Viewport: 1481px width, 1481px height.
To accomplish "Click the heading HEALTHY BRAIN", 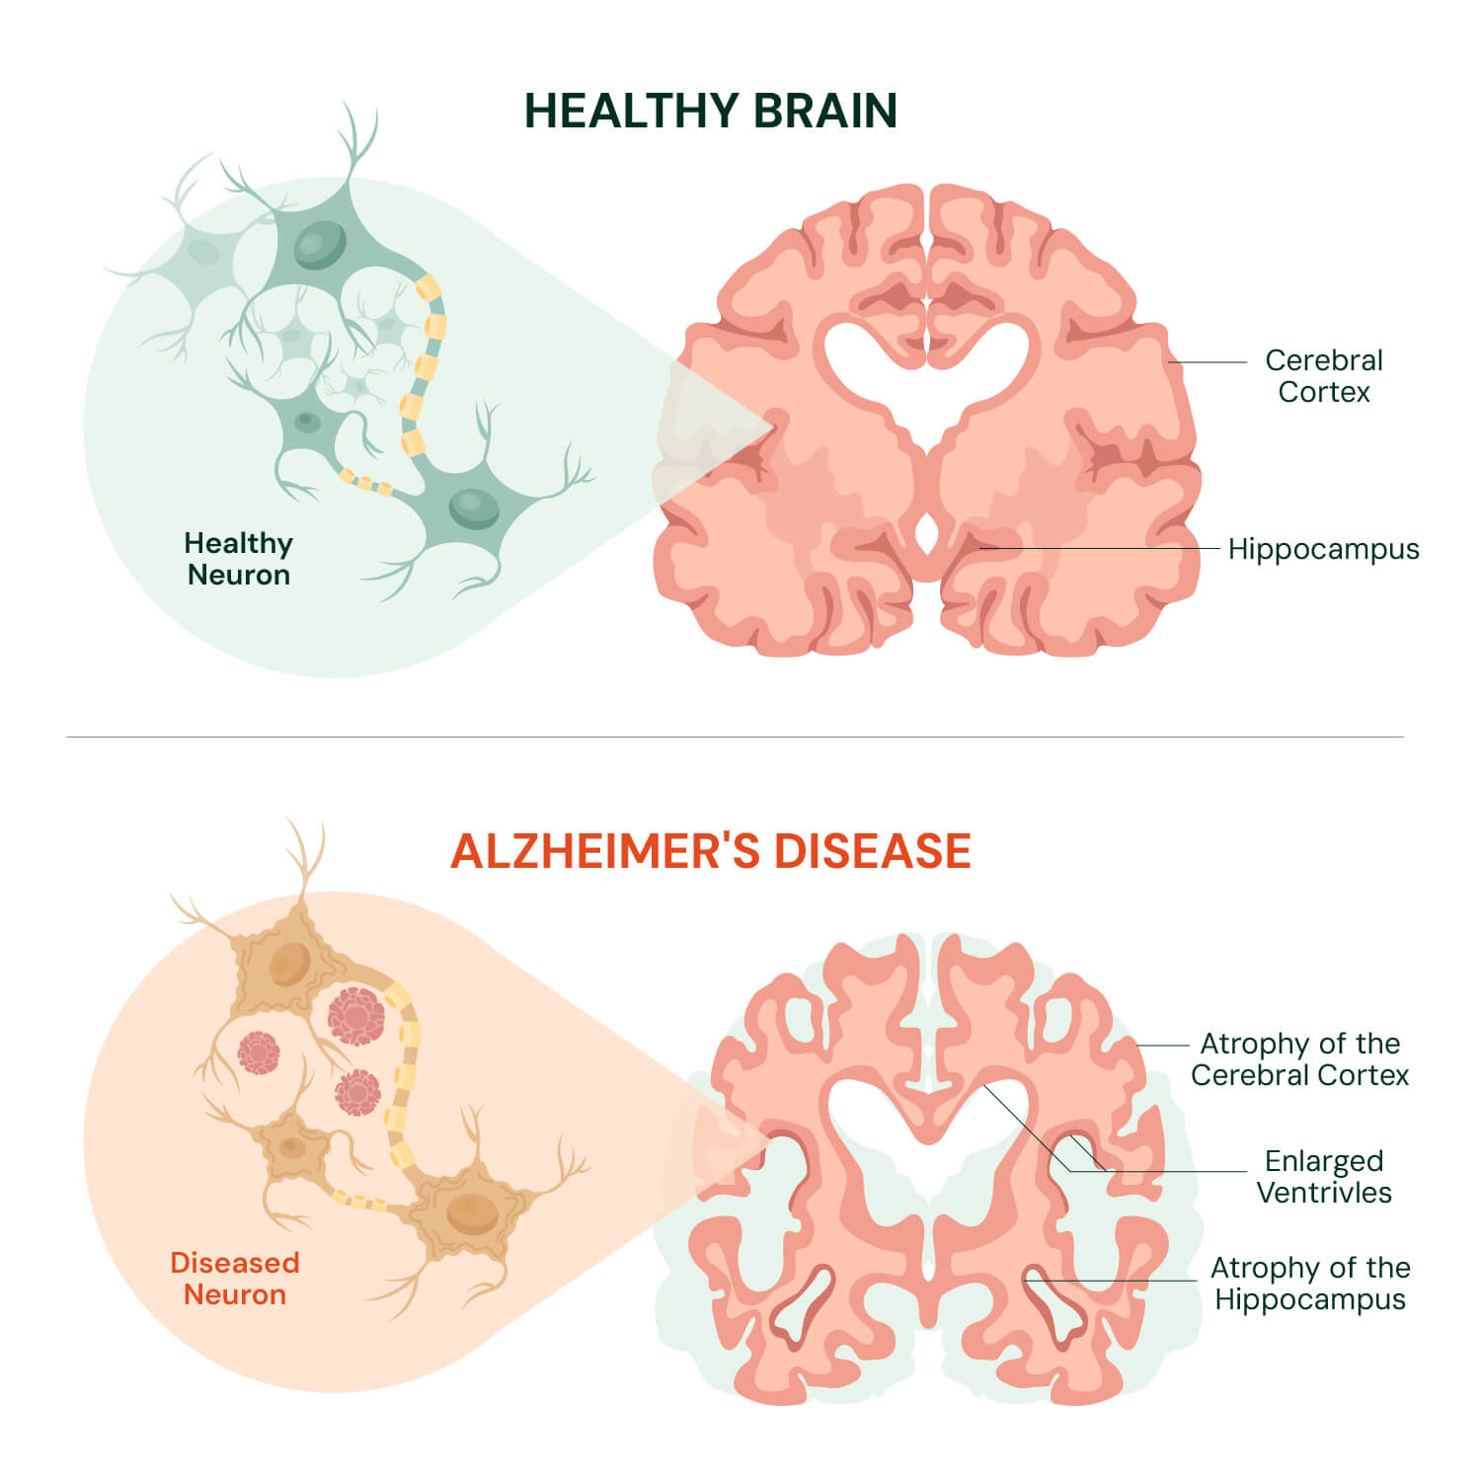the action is (710, 111).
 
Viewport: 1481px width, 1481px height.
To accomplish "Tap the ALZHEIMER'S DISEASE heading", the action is (711, 851).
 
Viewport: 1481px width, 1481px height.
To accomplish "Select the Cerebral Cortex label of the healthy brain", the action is (1324, 376).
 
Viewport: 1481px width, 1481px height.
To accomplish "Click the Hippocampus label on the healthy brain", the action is (1323, 549).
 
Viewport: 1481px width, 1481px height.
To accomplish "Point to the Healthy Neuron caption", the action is (238, 559).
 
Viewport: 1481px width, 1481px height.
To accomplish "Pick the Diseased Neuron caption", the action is (235, 1279).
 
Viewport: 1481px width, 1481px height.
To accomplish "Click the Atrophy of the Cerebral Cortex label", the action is (1299, 1059).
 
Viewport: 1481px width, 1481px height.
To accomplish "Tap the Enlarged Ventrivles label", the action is (1324, 1177).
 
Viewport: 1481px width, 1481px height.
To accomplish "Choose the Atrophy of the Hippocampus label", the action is (1310, 1284).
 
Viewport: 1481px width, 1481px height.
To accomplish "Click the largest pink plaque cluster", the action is (355, 1016).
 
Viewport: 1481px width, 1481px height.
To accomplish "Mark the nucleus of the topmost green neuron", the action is (321, 244).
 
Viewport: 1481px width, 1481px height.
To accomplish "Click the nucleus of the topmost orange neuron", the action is (290, 964).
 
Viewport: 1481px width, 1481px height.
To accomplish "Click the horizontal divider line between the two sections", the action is (735, 737).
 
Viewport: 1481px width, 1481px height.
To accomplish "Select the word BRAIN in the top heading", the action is (825, 111).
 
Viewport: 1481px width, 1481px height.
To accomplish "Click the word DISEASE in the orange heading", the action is (873, 851).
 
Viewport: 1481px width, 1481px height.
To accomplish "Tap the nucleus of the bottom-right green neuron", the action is (474, 507).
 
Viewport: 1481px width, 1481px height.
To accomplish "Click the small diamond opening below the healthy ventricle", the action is (926, 534).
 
